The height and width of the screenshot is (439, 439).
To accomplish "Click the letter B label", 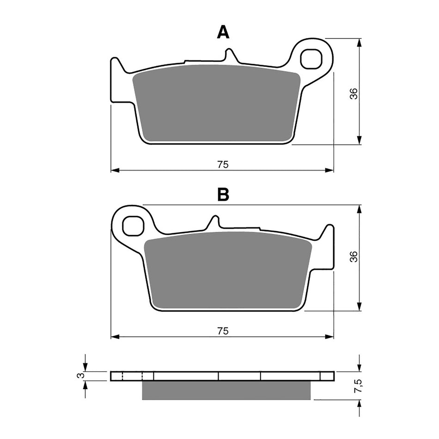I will [x=223, y=195].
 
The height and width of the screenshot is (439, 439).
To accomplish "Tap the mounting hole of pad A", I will [x=310, y=59].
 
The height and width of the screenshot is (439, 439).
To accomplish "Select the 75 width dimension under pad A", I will [x=223, y=165].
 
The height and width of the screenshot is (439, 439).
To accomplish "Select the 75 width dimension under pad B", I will [x=223, y=330].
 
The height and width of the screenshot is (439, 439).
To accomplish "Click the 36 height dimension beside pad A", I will [x=354, y=94].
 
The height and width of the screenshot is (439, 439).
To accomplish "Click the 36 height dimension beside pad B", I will [x=354, y=257].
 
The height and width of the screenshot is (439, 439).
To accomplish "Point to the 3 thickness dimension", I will [x=79, y=375].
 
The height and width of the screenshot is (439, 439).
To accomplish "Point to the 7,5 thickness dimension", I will [x=354, y=385].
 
